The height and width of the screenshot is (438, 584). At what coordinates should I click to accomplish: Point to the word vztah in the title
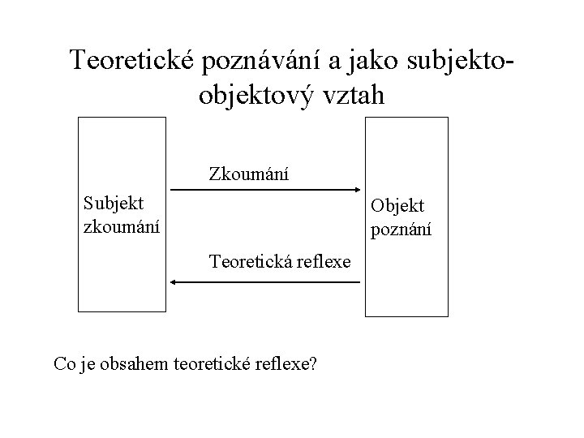click(350, 94)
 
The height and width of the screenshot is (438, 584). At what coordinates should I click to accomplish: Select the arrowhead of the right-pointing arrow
click(355, 190)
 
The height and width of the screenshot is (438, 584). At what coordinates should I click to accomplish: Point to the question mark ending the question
click(312, 363)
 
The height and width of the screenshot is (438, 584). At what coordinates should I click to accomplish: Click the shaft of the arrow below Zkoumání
click(260, 190)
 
